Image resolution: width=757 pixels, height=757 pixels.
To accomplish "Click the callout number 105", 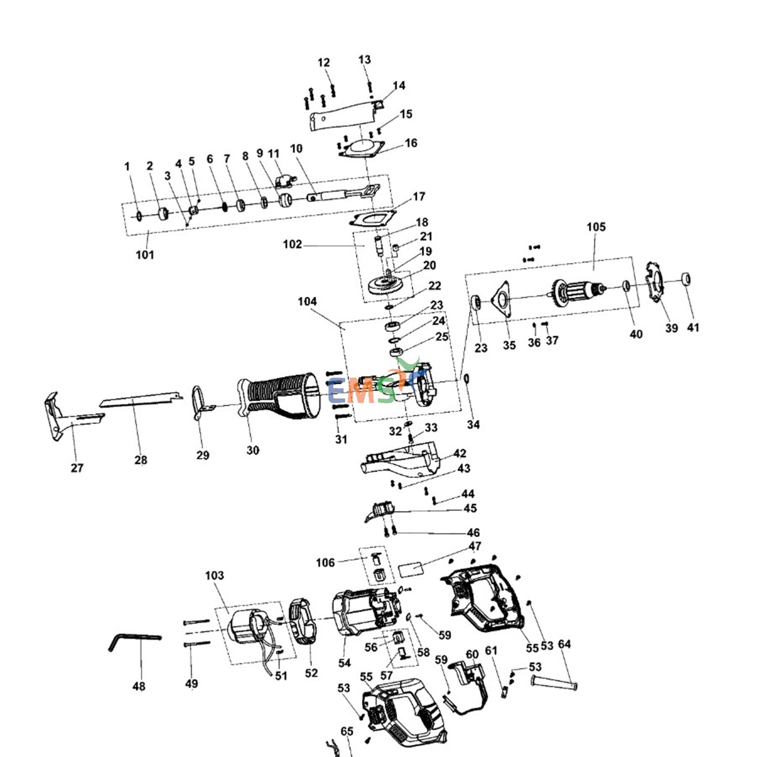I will pos(596,227).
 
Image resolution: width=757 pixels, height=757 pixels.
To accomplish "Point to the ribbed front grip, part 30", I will pos(278,396).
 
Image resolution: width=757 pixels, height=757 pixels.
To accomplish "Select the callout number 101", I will pos(145,254).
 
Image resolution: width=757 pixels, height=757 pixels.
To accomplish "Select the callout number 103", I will pos(214,575).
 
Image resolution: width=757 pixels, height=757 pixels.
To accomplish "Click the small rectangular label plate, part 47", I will pos(411,570).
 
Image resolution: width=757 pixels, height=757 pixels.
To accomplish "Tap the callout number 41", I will pos(693,328).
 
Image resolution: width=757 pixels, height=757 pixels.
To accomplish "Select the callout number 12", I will pos(323,63).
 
